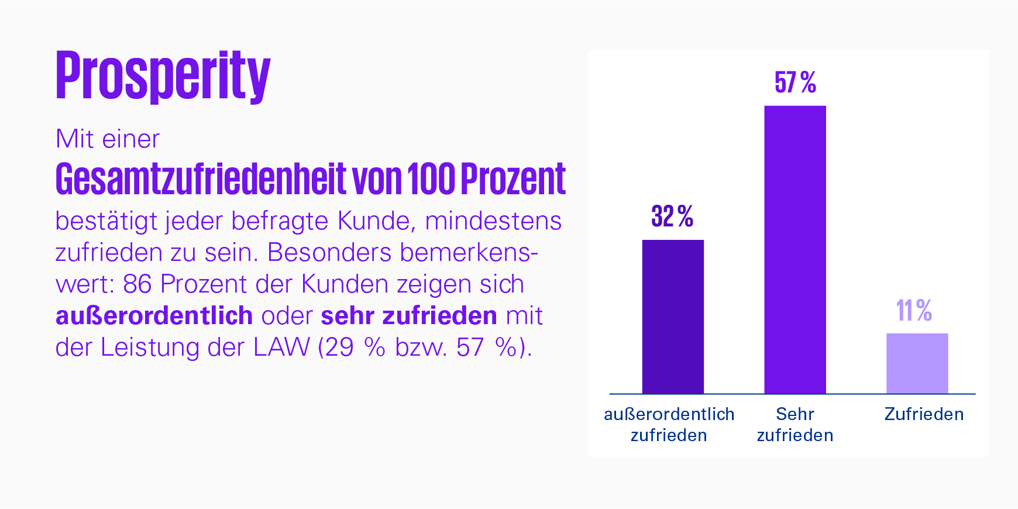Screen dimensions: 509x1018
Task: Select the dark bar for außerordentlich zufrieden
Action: pos(673,317)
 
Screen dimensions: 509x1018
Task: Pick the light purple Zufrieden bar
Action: pos(917,363)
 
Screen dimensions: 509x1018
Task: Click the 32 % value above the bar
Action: pos(672,216)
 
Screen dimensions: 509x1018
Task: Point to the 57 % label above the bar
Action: pos(795,82)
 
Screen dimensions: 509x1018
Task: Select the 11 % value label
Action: pos(914,310)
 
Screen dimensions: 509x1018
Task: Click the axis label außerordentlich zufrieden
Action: pos(669,424)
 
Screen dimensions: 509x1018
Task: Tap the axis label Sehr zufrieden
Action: pos(795,424)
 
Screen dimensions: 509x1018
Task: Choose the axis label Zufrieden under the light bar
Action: pos(924,414)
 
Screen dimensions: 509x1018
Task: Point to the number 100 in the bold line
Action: pos(430,179)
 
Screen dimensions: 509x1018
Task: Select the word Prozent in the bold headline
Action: pos(513,179)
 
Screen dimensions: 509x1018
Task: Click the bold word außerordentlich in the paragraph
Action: pos(154,316)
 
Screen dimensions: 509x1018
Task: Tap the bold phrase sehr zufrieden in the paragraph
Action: pos(409,316)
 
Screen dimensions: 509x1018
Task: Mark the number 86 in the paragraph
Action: pos(137,284)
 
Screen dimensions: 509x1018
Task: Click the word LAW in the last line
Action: pos(281,348)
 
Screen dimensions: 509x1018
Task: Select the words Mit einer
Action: pos(108,139)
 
